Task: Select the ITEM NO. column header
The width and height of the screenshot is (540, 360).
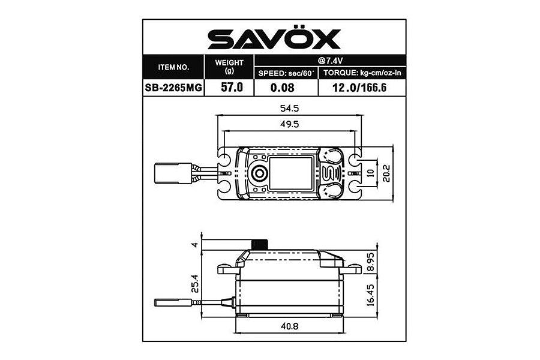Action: [173, 67]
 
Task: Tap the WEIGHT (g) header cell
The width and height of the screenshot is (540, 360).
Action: [229, 67]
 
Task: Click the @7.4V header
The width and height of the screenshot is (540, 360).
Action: [331, 61]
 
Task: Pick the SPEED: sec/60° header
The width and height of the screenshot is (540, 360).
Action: [286, 73]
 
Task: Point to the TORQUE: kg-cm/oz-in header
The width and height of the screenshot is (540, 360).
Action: [362, 73]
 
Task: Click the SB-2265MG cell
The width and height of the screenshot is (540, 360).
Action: [173, 88]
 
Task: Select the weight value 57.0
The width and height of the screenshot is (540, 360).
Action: [229, 88]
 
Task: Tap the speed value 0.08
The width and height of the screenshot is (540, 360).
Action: [286, 88]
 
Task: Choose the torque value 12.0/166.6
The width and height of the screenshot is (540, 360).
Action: [362, 88]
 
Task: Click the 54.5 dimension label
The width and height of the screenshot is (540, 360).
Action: [289, 109]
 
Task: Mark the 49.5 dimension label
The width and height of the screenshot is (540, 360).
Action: [289, 124]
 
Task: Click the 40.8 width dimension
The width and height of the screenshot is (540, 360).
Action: [289, 326]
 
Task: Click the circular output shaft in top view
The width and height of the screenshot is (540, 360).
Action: [259, 173]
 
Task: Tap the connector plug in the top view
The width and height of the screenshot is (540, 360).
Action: [172, 173]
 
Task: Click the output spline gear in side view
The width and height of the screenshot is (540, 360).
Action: [259, 244]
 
